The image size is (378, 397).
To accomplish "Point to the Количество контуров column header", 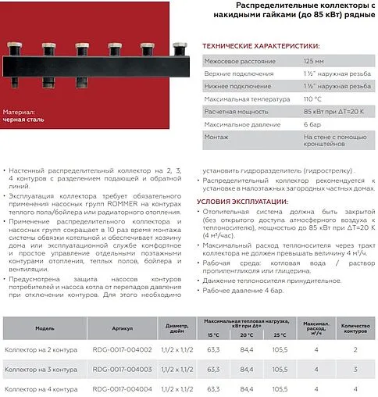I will tap(355, 328).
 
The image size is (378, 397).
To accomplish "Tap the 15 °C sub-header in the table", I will tap(214, 334).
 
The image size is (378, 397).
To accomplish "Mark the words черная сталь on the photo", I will tap(23, 120).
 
